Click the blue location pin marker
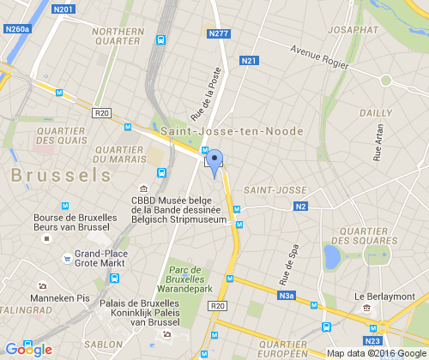(214, 162)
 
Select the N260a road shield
(17, 29)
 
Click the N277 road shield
(219, 34)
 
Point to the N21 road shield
(250, 61)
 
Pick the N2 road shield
(300, 206)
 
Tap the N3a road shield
(286, 296)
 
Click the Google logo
(29, 349)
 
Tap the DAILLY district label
(375, 112)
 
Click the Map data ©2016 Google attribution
(375, 352)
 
